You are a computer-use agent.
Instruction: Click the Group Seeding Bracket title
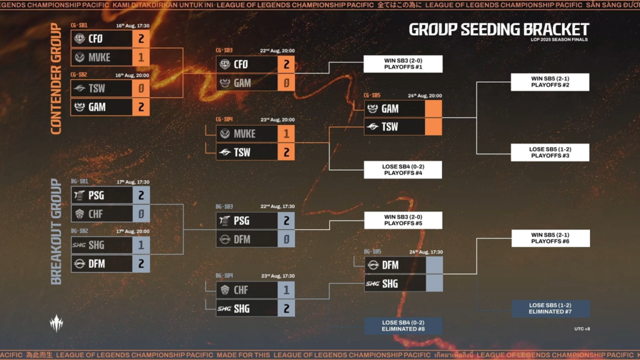[x=499, y=29]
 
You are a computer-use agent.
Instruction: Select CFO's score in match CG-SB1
[x=141, y=39]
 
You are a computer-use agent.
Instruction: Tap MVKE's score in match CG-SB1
[x=141, y=57]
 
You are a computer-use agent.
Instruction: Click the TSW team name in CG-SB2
[x=97, y=89]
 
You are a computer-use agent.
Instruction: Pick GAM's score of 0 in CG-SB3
[x=286, y=82]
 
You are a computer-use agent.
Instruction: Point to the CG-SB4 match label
[x=224, y=119]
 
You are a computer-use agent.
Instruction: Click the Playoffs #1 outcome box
[x=403, y=64]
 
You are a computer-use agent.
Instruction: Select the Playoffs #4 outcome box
[x=403, y=170]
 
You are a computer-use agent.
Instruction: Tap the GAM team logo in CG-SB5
[x=373, y=109]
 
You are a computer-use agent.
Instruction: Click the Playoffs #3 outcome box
[x=550, y=152]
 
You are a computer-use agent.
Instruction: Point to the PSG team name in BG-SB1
[x=97, y=195]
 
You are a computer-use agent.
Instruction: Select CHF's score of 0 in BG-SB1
[x=141, y=214]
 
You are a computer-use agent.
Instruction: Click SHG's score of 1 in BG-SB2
[x=141, y=245]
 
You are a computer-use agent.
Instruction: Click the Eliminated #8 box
[x=403, y=326]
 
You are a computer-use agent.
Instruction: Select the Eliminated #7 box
[x=550, y=309]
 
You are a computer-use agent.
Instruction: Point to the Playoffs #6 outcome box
[x=550, y=238]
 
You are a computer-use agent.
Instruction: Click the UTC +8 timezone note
[x=581, y=328]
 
